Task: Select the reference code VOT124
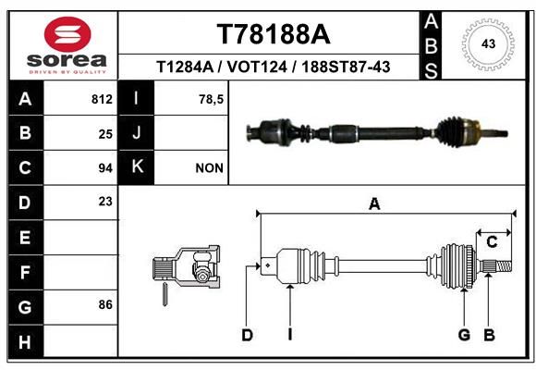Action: [272, 67]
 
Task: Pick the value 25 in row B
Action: [104, 133]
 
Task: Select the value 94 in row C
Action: [104, 167]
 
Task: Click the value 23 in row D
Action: [104, 201]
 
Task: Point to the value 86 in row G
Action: [104, 303]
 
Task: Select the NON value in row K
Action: [209, 167]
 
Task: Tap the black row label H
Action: [24, 342]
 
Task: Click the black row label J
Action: [137, 133]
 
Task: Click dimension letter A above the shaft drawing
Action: [374, 204]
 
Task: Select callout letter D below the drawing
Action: [247, 335]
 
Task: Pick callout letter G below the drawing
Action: [464, 335]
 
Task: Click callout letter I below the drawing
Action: [289, 335]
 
